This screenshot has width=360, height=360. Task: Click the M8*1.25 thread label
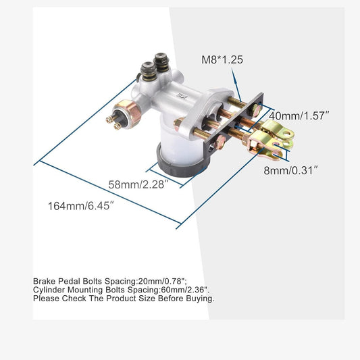pyautogui.click(x=222, y=59)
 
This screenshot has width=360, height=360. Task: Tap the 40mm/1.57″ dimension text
pyautogui.click(x=299, y=115)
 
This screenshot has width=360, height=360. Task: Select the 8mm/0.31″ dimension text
pyautogui.click(x=291, y=170)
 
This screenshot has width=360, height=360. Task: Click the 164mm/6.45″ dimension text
pyautogui.click(x=81, y=206)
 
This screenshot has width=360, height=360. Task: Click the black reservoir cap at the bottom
pyautogui.click(x=182, y=164)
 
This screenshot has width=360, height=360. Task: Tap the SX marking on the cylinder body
pyautogui.click(x=182, y=96)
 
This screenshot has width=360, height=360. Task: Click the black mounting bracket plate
pyautogui.click(x=233, y=122)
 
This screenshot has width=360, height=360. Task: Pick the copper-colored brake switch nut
pyautogui.click(x=128, y=113)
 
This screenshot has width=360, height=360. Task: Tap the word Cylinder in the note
pyautogui.click(x=49, y=290)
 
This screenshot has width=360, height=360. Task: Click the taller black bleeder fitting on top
pyautogui.click(x=161, y=61)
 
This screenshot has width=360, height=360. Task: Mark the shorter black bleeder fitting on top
pyautogui.click(x=149, y=70)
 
